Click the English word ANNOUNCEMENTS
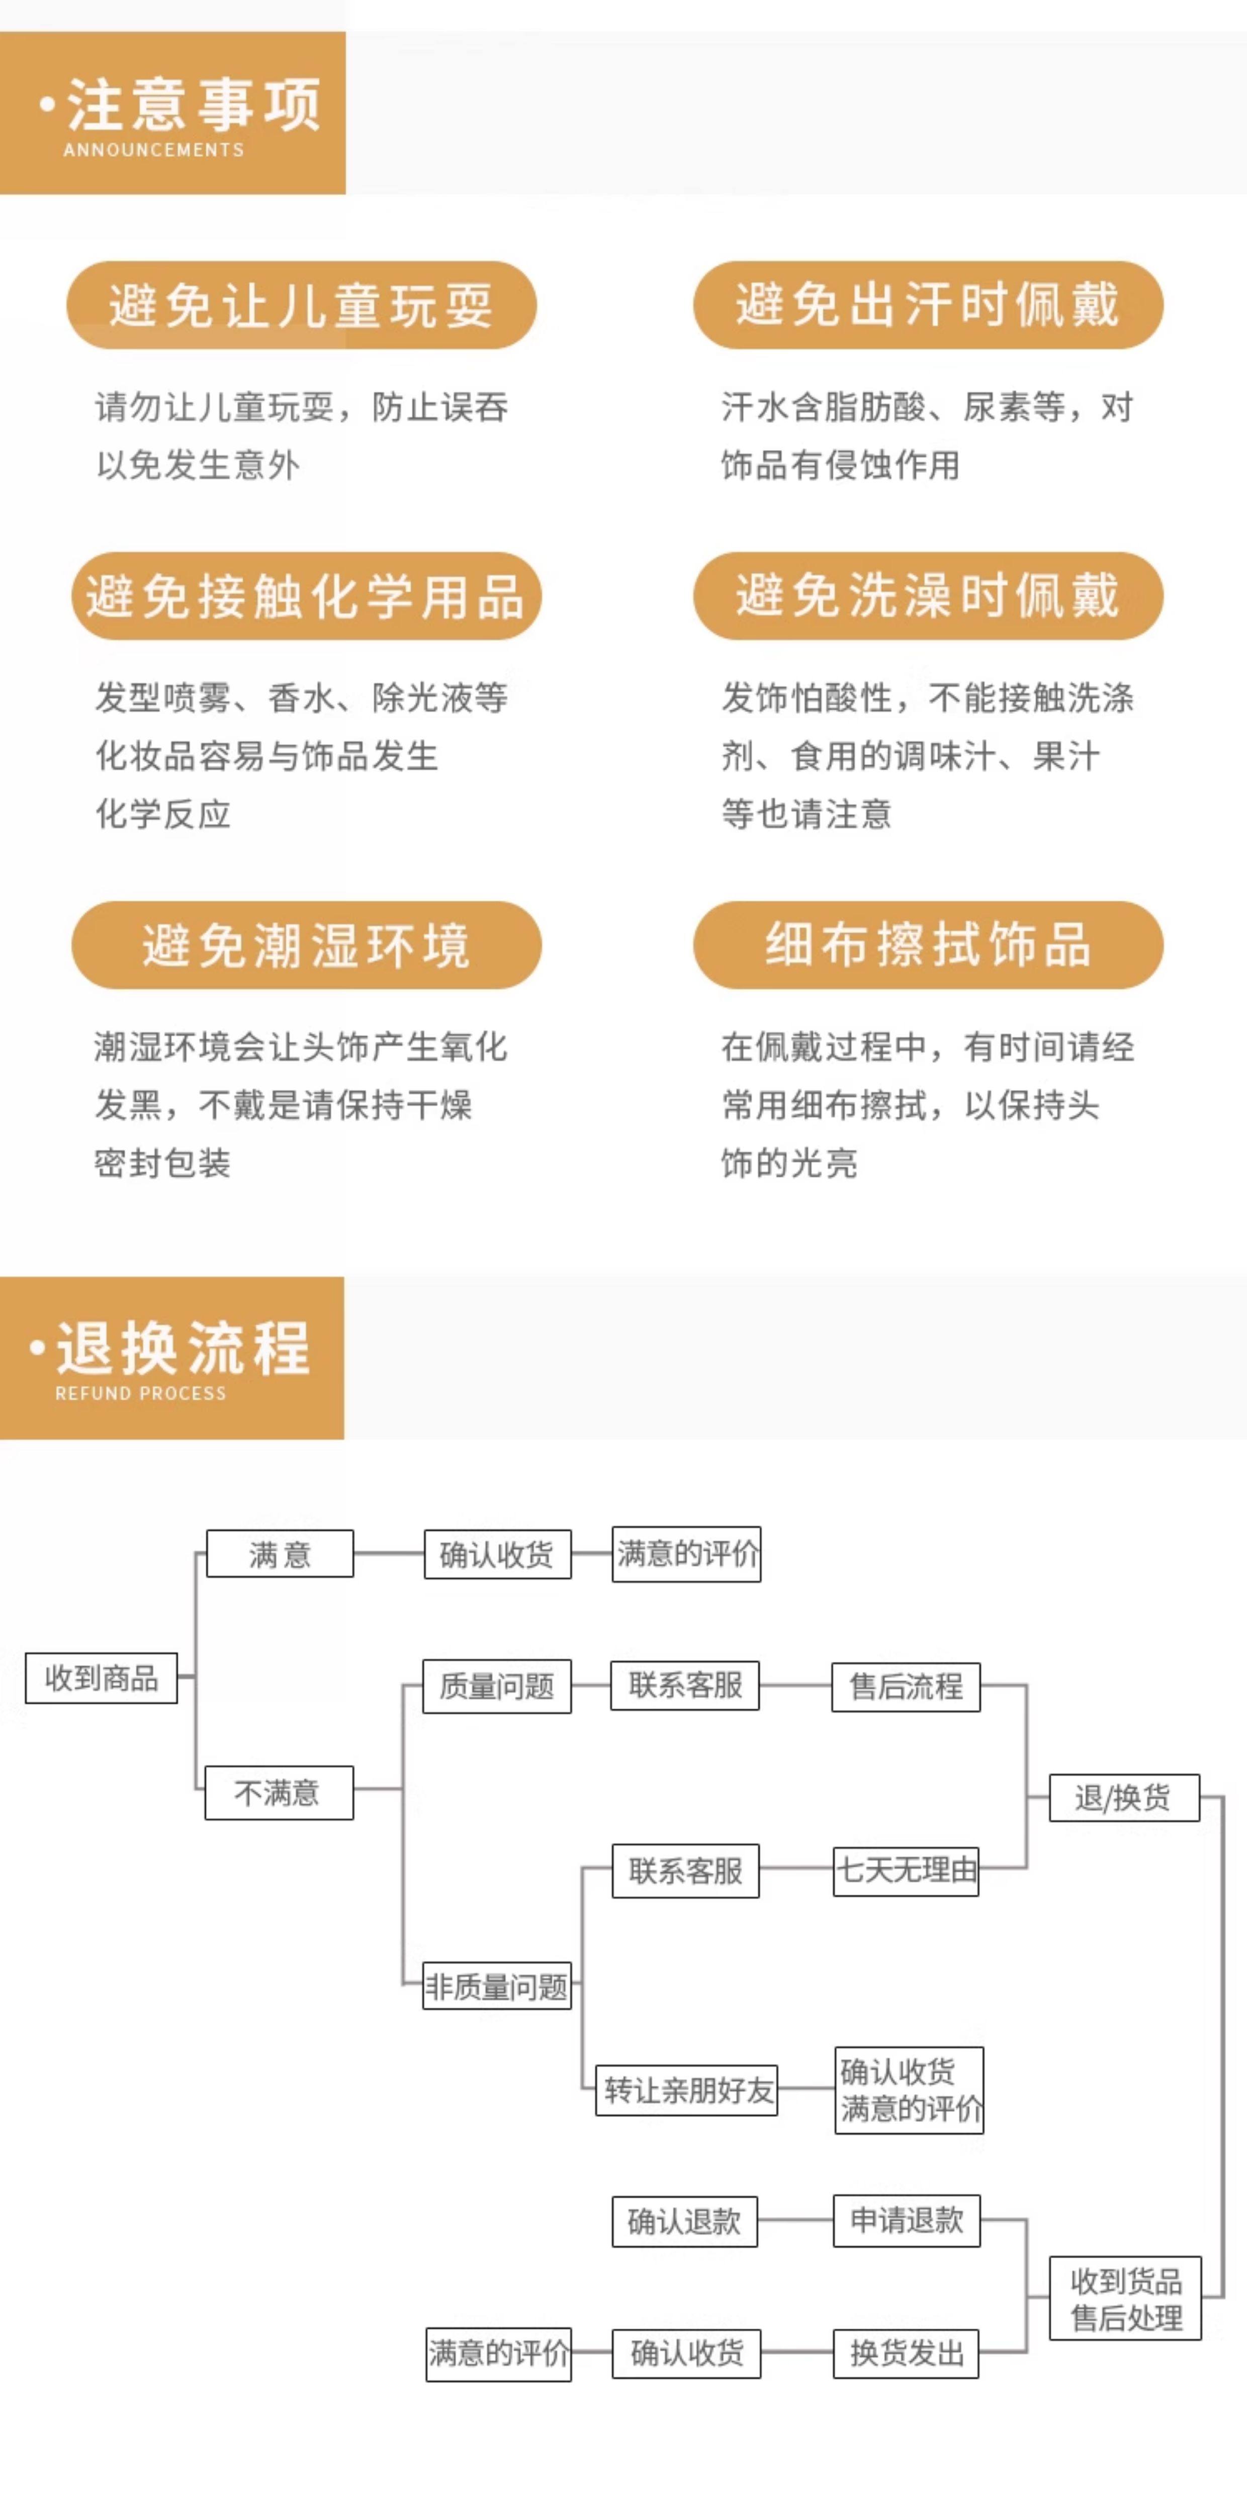pyautogui.click(x=154, y=150)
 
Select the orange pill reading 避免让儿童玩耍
pyautogui.click(x=301, y=305)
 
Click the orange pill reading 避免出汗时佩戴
pyautogui.click(x=928, y=305)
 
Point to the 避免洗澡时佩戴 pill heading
pyautogui.click(x=928, y=595)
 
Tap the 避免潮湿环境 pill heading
pyautogui.click(x=306, y=945)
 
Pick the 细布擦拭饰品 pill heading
pyautogui.click(x=928, y=945)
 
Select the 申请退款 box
pyautogui.click(x=906, y=2220)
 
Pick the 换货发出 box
pyautogui.click(x=906, y=2353)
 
